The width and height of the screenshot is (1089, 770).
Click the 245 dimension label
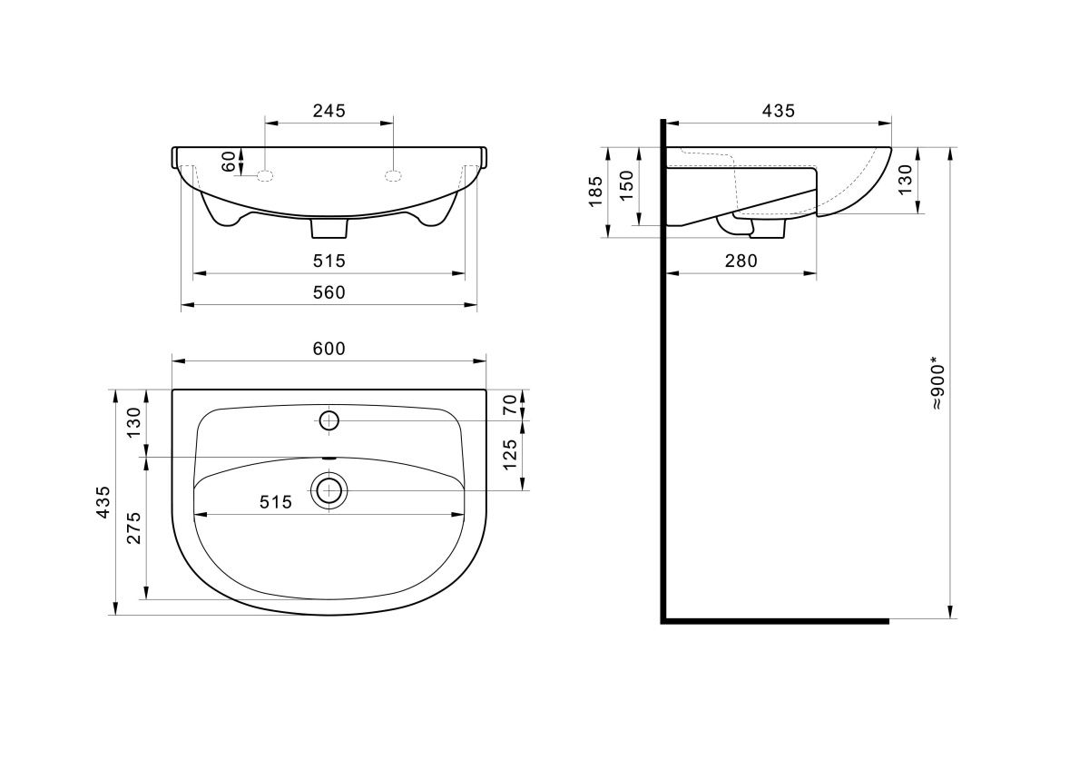click(x=329, y=111)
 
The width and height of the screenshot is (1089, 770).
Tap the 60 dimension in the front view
click(x=229, y=162)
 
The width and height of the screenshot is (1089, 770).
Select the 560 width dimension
click(x=329, y=292)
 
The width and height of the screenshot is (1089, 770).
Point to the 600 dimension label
click(x=329, y=349)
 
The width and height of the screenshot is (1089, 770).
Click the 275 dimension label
click(x=133, y=528)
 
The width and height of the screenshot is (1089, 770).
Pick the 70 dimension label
click(x=509, y=405)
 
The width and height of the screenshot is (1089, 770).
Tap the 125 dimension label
click(x=509, y=455)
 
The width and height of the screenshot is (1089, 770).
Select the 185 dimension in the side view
click(x=595, y=192)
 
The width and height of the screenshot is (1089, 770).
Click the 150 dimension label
click(x=627, y=185)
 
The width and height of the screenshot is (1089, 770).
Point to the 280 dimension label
click(x=741, y=262)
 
